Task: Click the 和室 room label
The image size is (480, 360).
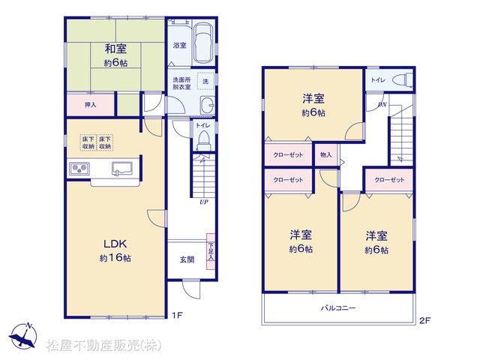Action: (115, 49)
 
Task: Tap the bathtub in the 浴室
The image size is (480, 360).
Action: (203, 43)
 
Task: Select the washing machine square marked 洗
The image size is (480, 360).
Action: (205, 81)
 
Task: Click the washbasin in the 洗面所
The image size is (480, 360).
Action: (208, 105)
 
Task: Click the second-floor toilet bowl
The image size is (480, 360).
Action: (402, 80)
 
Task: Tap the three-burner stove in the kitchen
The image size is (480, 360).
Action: (79, 169)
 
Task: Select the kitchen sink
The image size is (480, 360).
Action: (122, 169)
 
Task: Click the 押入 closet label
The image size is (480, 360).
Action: (91, 105)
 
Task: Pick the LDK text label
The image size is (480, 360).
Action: (115, 244)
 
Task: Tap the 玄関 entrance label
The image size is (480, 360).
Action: (187, 259)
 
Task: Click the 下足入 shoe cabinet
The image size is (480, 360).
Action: (211, 252)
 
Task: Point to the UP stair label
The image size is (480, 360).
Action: (203, 202)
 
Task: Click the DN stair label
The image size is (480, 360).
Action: (382, 105)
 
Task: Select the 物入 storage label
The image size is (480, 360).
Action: (326, 155)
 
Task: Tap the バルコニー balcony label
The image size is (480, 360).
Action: (338, 307)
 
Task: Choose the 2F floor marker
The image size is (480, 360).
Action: (425, 321)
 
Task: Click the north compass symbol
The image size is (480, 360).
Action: (23, 335)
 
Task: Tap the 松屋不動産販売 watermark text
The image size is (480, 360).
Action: (103, 346)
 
